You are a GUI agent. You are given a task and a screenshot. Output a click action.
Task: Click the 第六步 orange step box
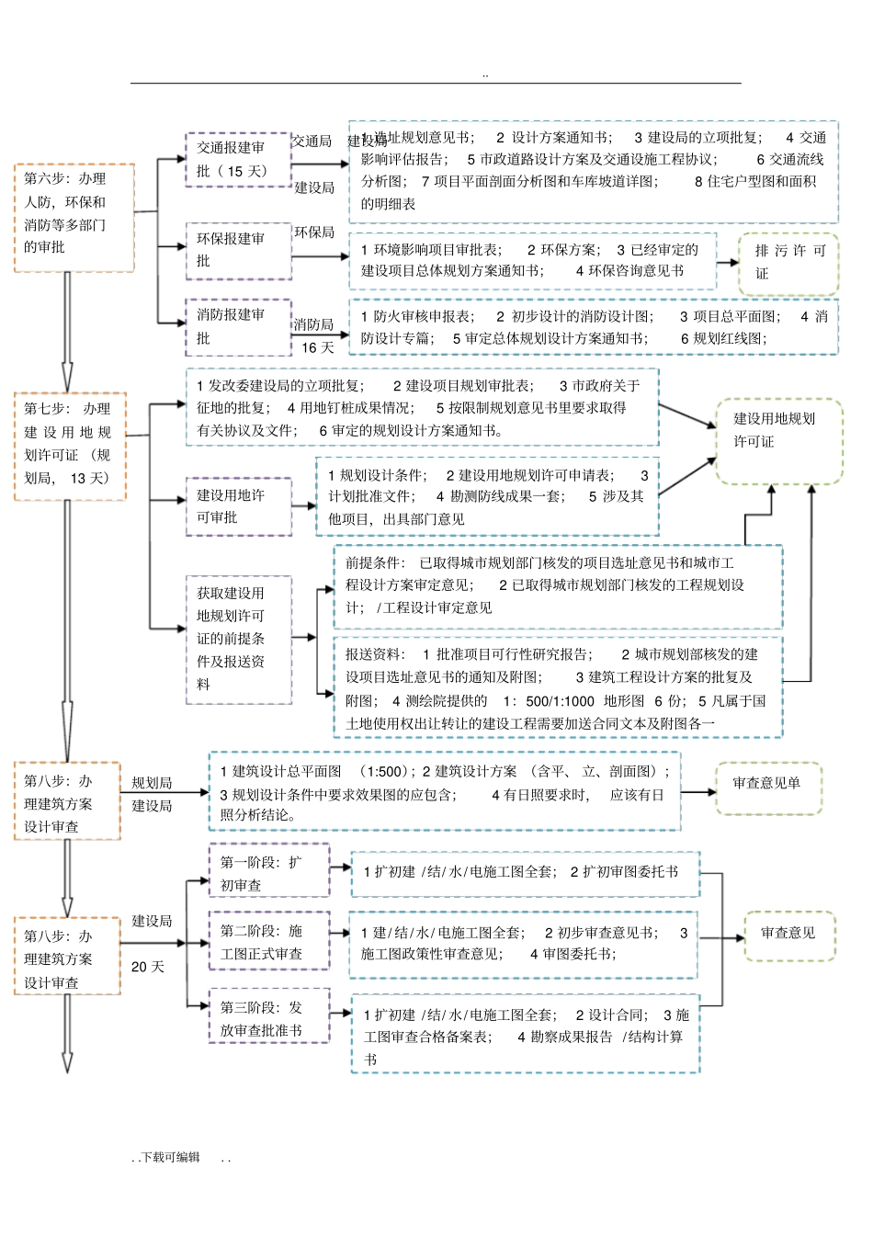(74, 218)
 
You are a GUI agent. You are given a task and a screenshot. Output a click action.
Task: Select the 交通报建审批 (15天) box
(238, 160)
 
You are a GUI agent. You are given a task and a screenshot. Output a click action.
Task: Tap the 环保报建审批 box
(238, 250)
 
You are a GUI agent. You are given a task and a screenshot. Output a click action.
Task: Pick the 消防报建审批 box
(238, 326)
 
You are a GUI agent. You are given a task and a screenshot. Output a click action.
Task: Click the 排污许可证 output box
(788, 263)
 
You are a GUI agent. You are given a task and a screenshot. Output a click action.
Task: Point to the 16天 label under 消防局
(318, 347)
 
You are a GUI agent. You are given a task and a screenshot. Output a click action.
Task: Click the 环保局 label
(314, 232)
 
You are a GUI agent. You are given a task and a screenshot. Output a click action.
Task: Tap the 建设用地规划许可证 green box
(778, 441)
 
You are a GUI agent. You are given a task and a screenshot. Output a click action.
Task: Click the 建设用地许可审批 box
(238, 506)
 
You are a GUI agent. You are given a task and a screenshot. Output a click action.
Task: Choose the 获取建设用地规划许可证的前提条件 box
(238, 639)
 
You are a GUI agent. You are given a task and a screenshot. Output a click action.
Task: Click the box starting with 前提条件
(557, 585)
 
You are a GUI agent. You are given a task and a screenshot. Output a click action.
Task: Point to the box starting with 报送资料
(557, 688)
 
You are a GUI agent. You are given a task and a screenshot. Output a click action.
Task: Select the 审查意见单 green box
(768, 788)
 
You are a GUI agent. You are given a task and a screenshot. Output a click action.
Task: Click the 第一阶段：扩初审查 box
(268, 871)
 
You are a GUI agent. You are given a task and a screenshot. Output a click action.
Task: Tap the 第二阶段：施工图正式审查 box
(268, 942)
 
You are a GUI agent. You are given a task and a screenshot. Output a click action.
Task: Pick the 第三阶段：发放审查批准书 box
(268, 1017)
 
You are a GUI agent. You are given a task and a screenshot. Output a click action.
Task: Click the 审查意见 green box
(788, 936)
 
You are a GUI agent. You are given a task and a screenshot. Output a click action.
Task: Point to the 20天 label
(148, 967)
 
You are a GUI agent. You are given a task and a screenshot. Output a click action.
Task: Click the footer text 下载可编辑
(170, 1157)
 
